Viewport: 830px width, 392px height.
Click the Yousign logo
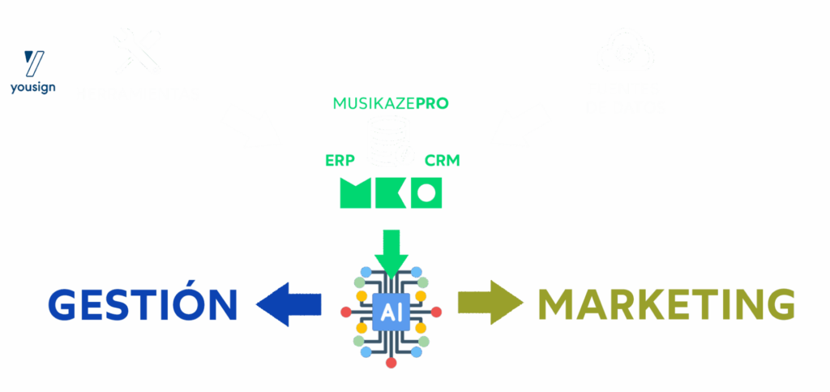(x=32, y=71)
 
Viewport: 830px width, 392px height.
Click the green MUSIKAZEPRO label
(x=391, y=104)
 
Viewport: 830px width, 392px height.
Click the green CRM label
(x=442, y=159)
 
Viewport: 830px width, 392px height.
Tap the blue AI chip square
(x=391, y=312)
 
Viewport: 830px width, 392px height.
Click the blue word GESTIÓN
(x=143, y=304)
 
